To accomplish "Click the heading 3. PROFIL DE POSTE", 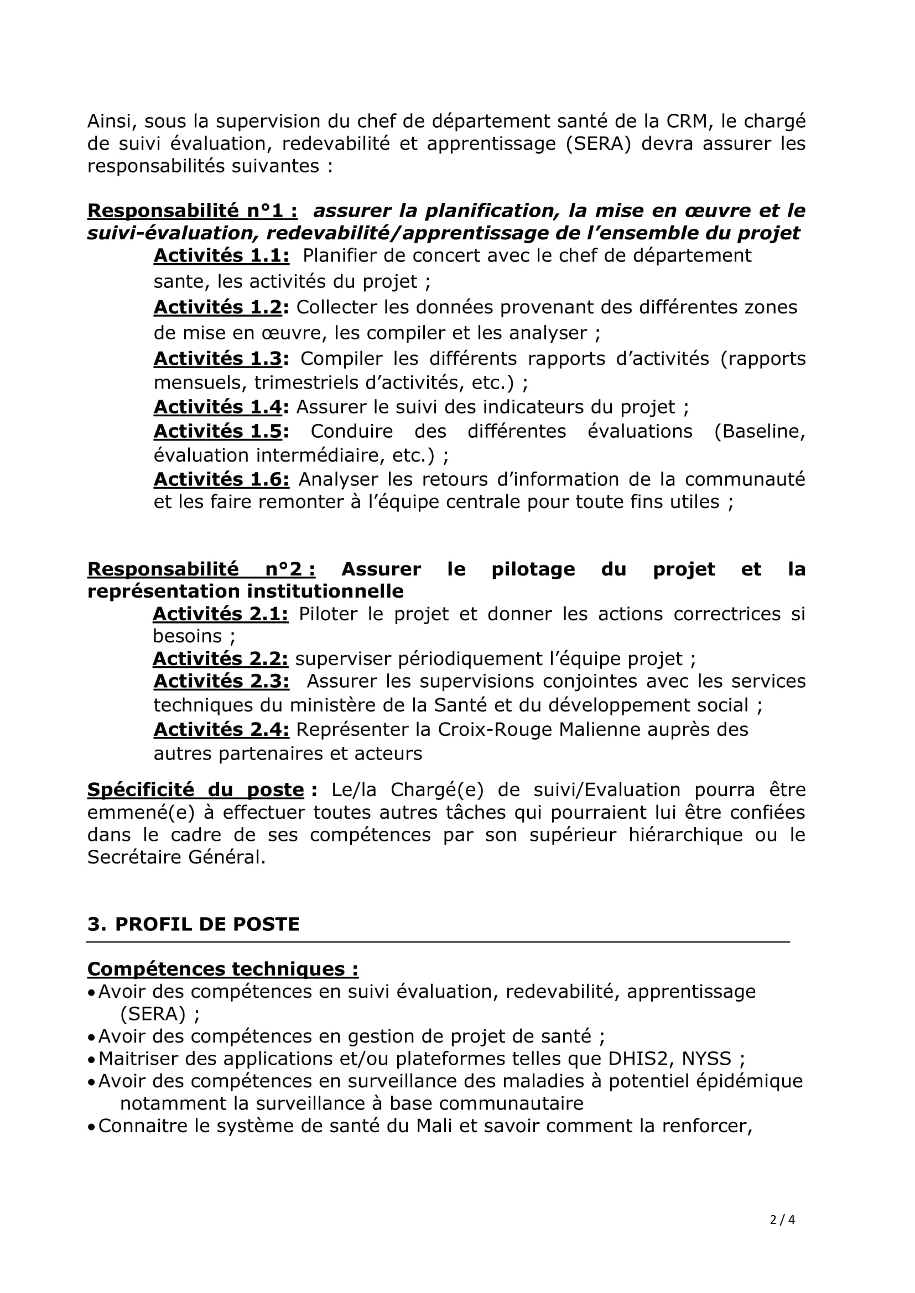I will [193, 924].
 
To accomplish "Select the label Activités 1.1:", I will [221, 256].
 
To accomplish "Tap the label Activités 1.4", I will [217, 407].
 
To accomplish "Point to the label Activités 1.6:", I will [221, 479].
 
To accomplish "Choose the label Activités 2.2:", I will [220, 658].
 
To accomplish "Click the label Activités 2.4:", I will [221, 729].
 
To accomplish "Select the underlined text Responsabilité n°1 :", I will [193, 211].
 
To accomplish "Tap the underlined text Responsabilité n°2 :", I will [201, 569].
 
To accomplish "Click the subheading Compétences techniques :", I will [223, 969].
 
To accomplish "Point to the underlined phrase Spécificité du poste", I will [195, 790].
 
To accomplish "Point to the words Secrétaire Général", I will [175, 857].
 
